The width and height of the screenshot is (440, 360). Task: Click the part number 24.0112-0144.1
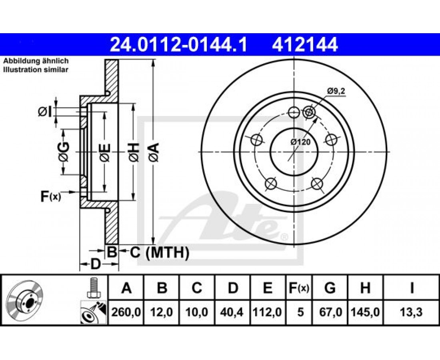pyautogui.click(x=178, y=45)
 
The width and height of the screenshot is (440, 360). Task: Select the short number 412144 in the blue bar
pyautogui.click(x=304, y=45)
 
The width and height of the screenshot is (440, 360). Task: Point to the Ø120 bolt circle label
pyautogui.click(x=300, y=142)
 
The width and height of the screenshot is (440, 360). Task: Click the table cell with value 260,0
pyautogui.click(x=126, y=312)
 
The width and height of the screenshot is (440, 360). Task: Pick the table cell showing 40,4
pyautogui.click(x=232, y=312)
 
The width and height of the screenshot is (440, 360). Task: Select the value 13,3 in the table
pyautogui.click(x=411, y=312)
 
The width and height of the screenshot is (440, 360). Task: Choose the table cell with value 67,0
pyautogui.click(x=330, y=312)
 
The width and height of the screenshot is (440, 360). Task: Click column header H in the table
pyautogui.click(x=365, y=288)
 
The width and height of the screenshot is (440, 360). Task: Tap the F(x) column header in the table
pyautogui.click(x=299, y=288)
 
